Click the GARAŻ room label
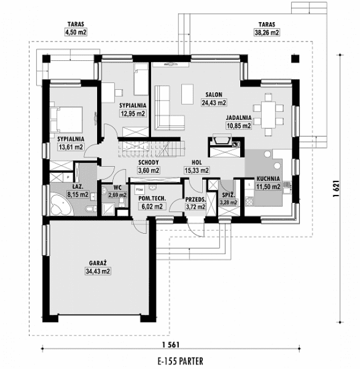coord(99,264)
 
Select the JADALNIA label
coord(238,118)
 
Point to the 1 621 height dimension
coord(336,188)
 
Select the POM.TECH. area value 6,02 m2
coord(152,206)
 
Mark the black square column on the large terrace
coord(295,59)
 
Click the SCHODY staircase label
coord(149,162)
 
